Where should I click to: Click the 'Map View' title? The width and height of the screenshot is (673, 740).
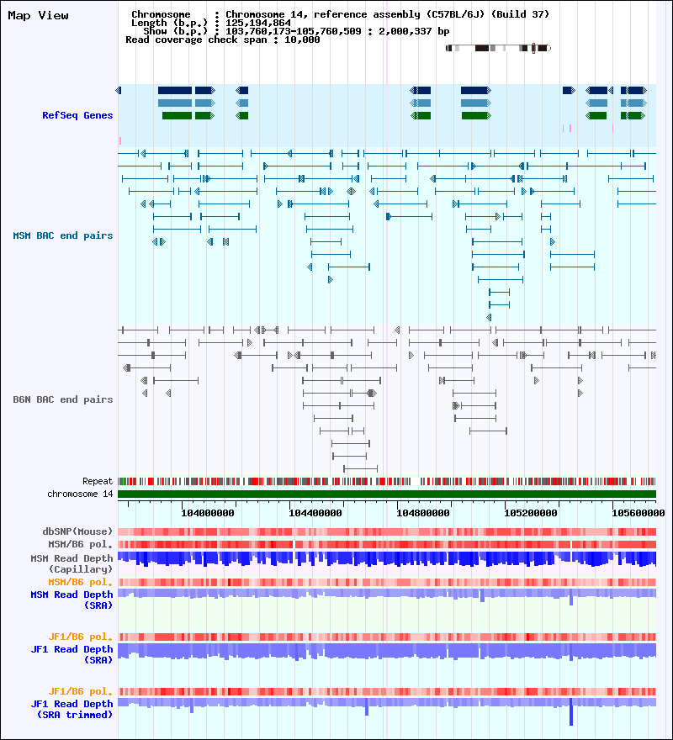pyautogui.click(x=38, y=15)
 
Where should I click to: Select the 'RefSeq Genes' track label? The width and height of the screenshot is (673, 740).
pyautogui.click(x=77, y=115)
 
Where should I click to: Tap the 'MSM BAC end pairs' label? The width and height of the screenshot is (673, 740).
pyautogui.click(x=63, y=235)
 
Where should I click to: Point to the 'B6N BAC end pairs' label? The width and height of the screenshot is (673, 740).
pyautogui.click(x=63, y=399)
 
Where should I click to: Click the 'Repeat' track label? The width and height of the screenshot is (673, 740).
pyautogui.click(x=98, y=481)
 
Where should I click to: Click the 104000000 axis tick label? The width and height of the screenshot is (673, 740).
pyautogui.click(x=208, y=511)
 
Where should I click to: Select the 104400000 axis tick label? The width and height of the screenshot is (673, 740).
pyautogui.click(x=315, y=511)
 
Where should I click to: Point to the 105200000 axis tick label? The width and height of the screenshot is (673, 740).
pyautogui.click(x=531, y=511)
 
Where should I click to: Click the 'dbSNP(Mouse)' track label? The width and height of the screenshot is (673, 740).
pyautogui.click(x=78, y=531)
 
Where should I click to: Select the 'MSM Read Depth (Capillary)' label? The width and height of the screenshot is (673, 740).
pyautogui.click(x=72, y=563)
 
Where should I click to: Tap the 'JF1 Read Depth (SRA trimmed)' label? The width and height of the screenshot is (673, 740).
pyautogui.click(x=72, y=709)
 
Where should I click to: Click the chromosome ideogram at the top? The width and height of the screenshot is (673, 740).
pyautogui.click(x=498, y=48)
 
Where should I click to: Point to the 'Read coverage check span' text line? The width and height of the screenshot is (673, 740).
pyautogui.click(x=222, y=40)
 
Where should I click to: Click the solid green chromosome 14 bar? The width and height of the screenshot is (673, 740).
pyautogui.click(x=387, y=494)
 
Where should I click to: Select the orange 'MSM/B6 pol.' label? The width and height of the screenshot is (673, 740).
pyautogui.click(x=81, y=582)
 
